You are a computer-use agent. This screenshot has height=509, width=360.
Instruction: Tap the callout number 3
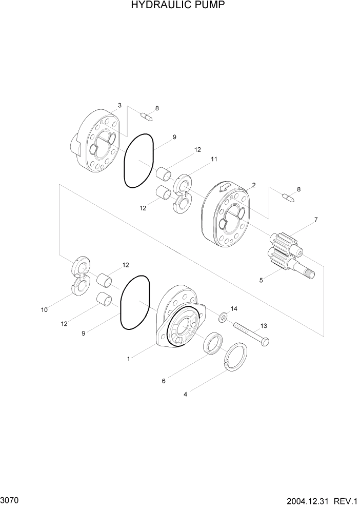[x=119, y=105]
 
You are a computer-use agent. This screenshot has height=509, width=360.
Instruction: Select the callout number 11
[x=213, y=160]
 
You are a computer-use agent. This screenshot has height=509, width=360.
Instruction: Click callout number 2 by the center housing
[x=253, y=185]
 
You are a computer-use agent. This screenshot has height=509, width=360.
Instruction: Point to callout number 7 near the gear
[x=316, y=220]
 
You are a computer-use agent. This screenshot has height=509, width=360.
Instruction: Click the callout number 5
[x=261, y=281]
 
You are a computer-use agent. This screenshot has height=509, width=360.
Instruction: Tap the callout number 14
[x=234, y=308]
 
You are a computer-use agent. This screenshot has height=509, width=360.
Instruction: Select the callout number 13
[x=264, y=325]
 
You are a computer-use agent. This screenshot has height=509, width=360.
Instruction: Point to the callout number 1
[x=128, y=359]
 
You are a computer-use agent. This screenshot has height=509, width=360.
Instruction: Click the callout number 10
[x=44, y=309]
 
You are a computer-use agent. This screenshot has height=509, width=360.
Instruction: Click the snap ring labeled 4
[x=237, y=356]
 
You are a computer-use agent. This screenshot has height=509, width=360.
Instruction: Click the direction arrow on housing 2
[x=224, y=190]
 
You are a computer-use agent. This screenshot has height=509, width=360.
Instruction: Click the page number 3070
[x=10, y=499]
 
